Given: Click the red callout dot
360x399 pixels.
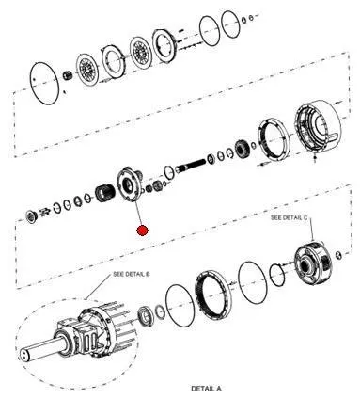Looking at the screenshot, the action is click(x=142, y=231).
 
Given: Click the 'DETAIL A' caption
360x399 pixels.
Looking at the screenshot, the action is click(x=206, y=389).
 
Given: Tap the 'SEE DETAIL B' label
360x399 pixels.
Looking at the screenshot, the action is click(x=132, y=274).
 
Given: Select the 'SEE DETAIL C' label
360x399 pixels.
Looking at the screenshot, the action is click(x=289, y=217).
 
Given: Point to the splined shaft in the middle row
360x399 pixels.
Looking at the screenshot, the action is click(x=190, y=166).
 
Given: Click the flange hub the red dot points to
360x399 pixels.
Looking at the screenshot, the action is click(x=129, y=184).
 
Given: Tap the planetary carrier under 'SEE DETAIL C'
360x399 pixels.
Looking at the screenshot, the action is click(x=312, y=263).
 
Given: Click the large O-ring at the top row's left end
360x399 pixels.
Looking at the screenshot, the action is click(x=44, y=83).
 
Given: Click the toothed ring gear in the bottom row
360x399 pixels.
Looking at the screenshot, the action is click(x=212, y=295).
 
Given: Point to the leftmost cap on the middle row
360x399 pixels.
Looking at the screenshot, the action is click(x=31, y=216).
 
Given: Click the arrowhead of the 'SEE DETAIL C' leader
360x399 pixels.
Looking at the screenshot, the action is click(x=312, y=239).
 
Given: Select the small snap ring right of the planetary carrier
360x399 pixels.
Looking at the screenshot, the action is click(x=338, y=254).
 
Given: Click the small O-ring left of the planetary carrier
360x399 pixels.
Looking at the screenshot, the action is click(x=277, y=275).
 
